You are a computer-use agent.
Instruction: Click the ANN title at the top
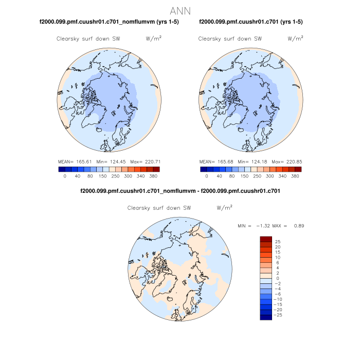pyautogui.click(x=180, y=11)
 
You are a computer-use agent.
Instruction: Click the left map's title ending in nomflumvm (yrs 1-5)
pyautogui.click(x=109, y=22)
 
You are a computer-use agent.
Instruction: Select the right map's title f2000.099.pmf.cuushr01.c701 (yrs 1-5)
pyautogui.click(x=250, y=22)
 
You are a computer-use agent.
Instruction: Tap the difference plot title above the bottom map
pyautogui.click(x=180, y=191)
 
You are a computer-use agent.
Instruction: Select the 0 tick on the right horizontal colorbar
pyautogui.click(x=206, y=176)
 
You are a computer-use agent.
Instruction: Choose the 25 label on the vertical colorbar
pyautogui.click(x=278, y=241)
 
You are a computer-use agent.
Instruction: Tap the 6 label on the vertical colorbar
pyautogui.click(x=278, y=262)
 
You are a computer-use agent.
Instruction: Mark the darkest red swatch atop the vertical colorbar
pyautogui.click(x=266, y=239)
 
